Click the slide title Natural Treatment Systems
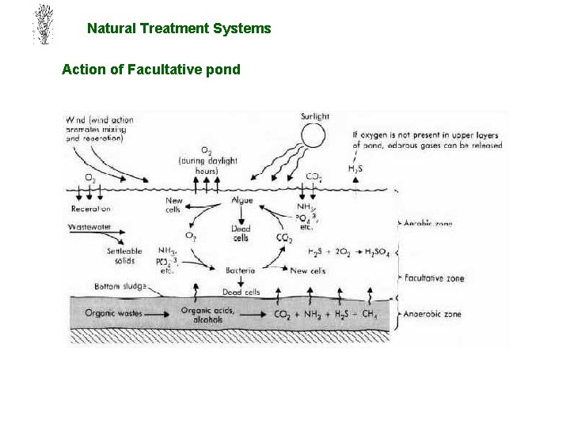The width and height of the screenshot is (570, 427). [179, 28]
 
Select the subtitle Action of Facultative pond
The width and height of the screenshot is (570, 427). [150, 70]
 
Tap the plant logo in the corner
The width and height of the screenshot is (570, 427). [43, 25]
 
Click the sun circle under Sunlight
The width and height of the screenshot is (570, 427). [313, 136]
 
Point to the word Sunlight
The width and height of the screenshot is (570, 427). [315, 117]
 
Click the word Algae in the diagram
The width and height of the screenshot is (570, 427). [241, 201]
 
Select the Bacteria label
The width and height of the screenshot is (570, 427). [240, 270]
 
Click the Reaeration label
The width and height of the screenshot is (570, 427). [90, 209]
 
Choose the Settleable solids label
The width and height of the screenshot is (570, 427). [124, 255]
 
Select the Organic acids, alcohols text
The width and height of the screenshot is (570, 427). [207, 315]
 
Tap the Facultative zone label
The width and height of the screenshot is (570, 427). [433, 278]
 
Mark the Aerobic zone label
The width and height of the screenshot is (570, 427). [428, 225]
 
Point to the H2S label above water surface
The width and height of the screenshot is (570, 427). [355, 168]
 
